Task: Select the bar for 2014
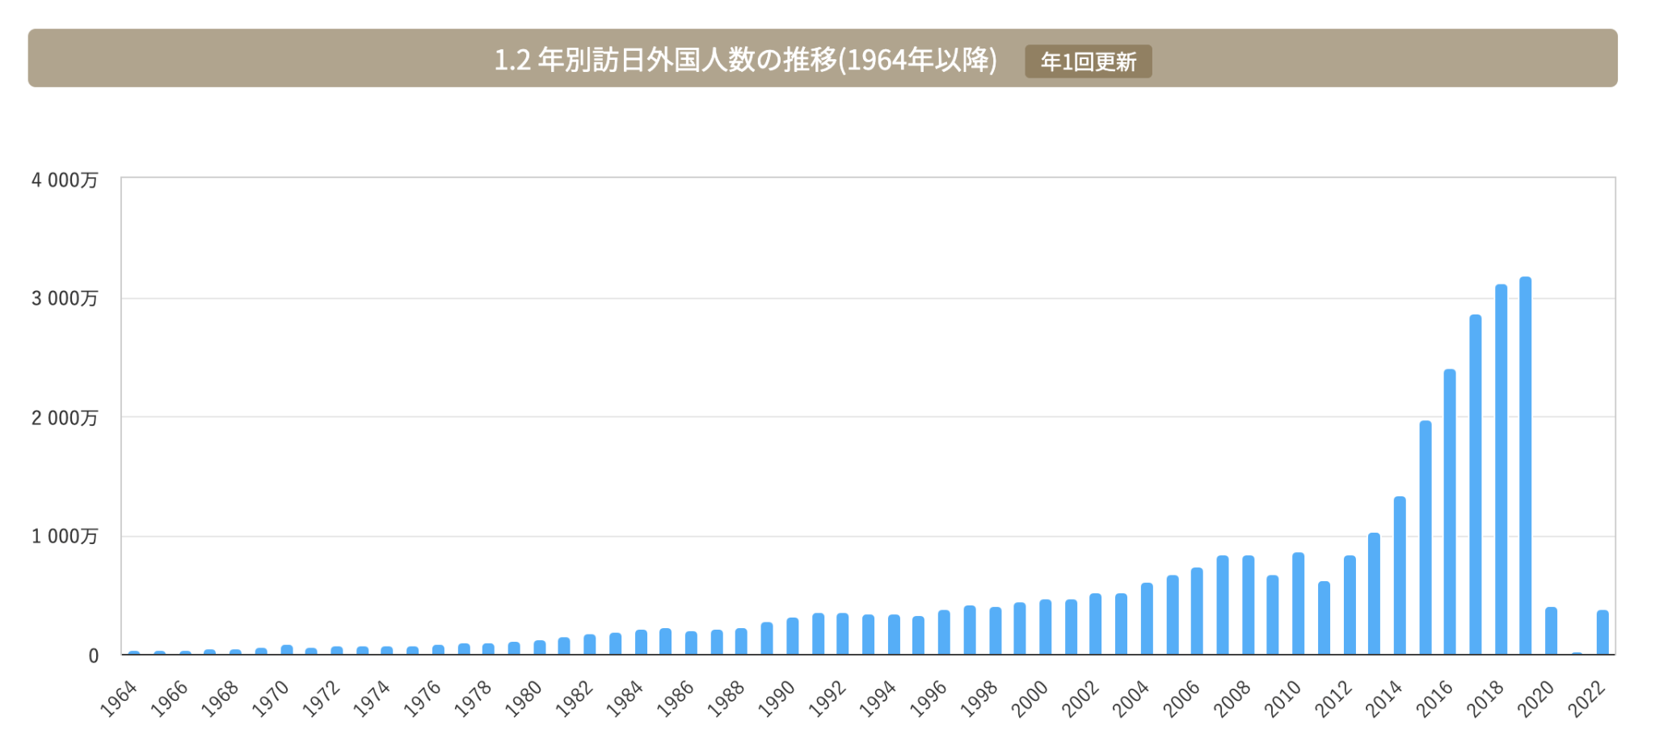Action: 1400,576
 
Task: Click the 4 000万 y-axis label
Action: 65,180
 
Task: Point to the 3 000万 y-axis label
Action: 65,298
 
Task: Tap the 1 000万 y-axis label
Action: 65,537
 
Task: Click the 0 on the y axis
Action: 94,656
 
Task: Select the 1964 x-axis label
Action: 119,698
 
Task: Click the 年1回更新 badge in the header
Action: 1088,61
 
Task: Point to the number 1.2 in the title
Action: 512,60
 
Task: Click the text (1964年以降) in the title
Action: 918,60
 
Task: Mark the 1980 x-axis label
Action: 524,698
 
